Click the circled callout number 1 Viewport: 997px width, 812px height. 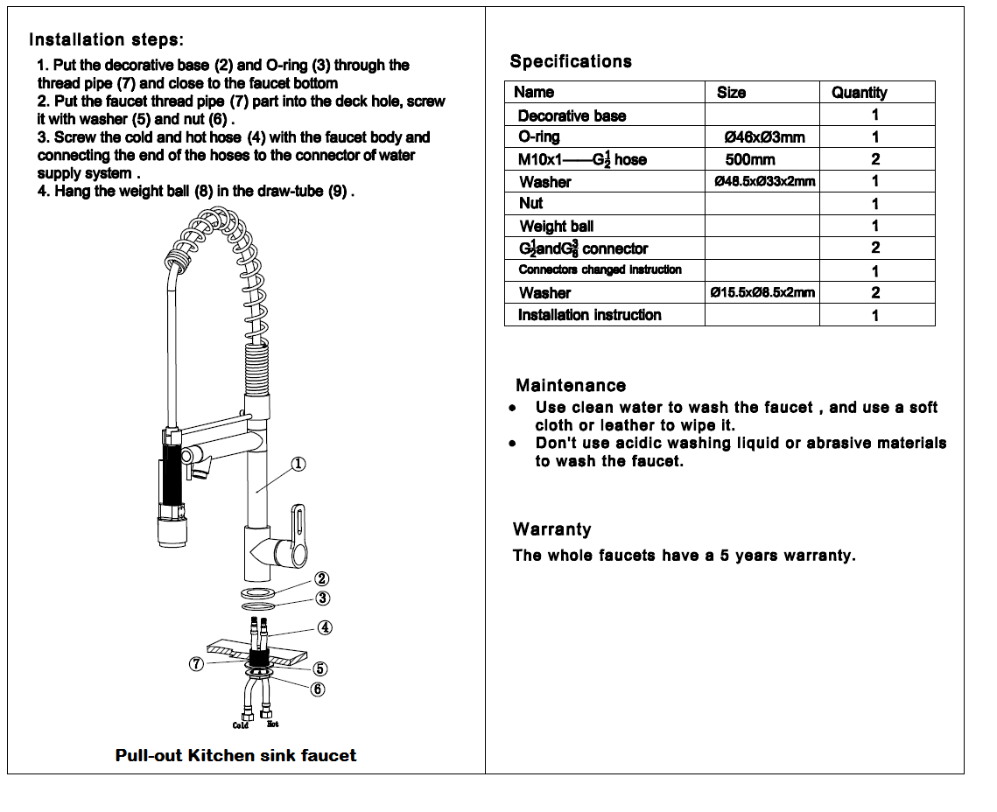pyautogui.click(x=298, y=465)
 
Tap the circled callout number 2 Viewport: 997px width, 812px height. pyautogui.click(x=322, y=579)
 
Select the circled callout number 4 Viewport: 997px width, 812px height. pyautogui.click(x=324, y=627)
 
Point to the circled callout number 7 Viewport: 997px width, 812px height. pyautogui.click(x=196, y=664)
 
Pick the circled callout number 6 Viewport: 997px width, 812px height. pyautogui.click(x=317, y=689)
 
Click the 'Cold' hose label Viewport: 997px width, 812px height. pyautogui.click(x=241, y=725)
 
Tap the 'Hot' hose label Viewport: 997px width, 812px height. pyautogui.click(x=273, y=724)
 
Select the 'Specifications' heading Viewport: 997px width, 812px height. pyautogui.click(x=571, y=61)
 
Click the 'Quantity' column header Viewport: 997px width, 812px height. pyautogui.click(x=859, y=93)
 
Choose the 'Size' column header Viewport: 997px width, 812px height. pyautogui.click(x=731, y=93)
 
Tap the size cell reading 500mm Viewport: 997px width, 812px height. pyautogui.click(x=749, y=159)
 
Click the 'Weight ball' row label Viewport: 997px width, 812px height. pyautogui.click(x=557, y=227)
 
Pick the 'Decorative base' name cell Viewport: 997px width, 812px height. pyautogui.click(x=572, y=115)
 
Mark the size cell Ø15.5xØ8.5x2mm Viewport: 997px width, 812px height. pyautogui.click(x=762, y=292)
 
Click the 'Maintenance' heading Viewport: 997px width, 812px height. pyautogui.click(x=571, y=386)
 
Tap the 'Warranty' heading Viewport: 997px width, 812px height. pyautogui.click(x=552, y=529)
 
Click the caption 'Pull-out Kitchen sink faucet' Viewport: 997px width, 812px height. pyautogui.click(x=235, y=755)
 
